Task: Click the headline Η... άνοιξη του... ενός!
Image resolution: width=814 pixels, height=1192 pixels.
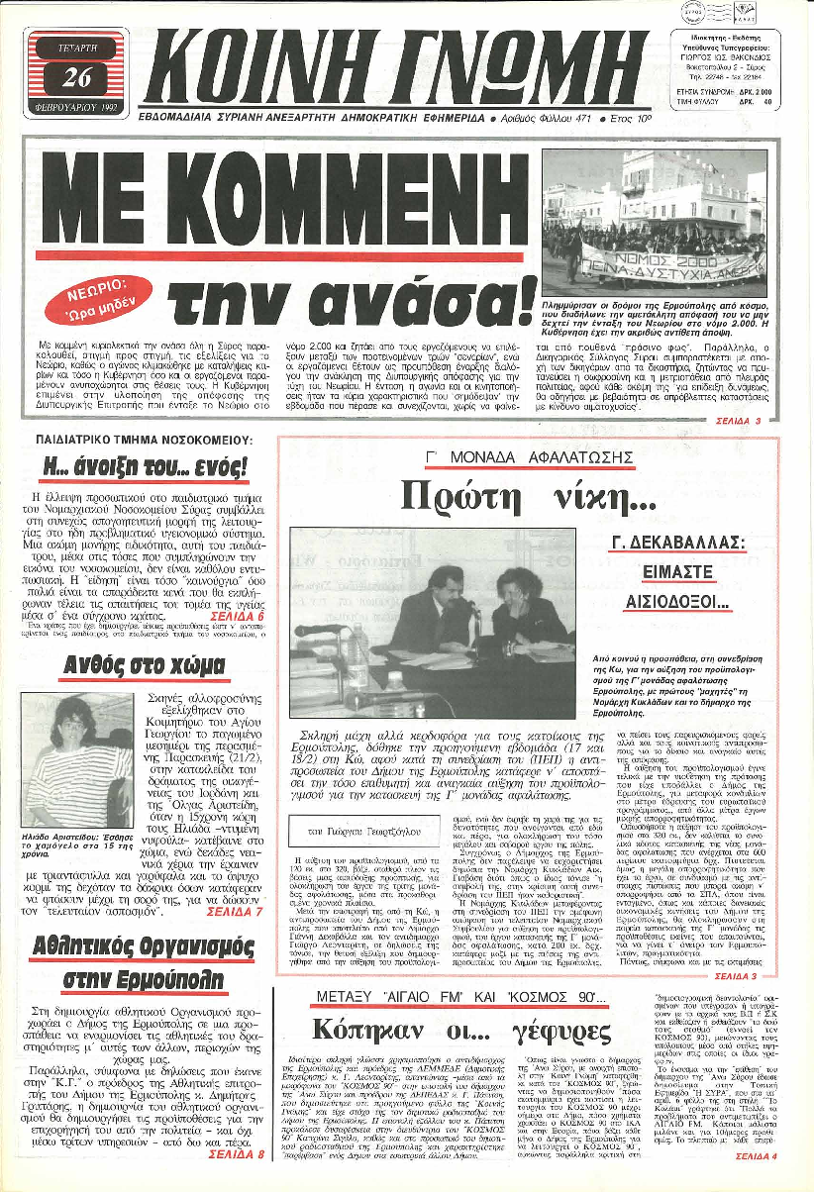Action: (144, 465)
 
